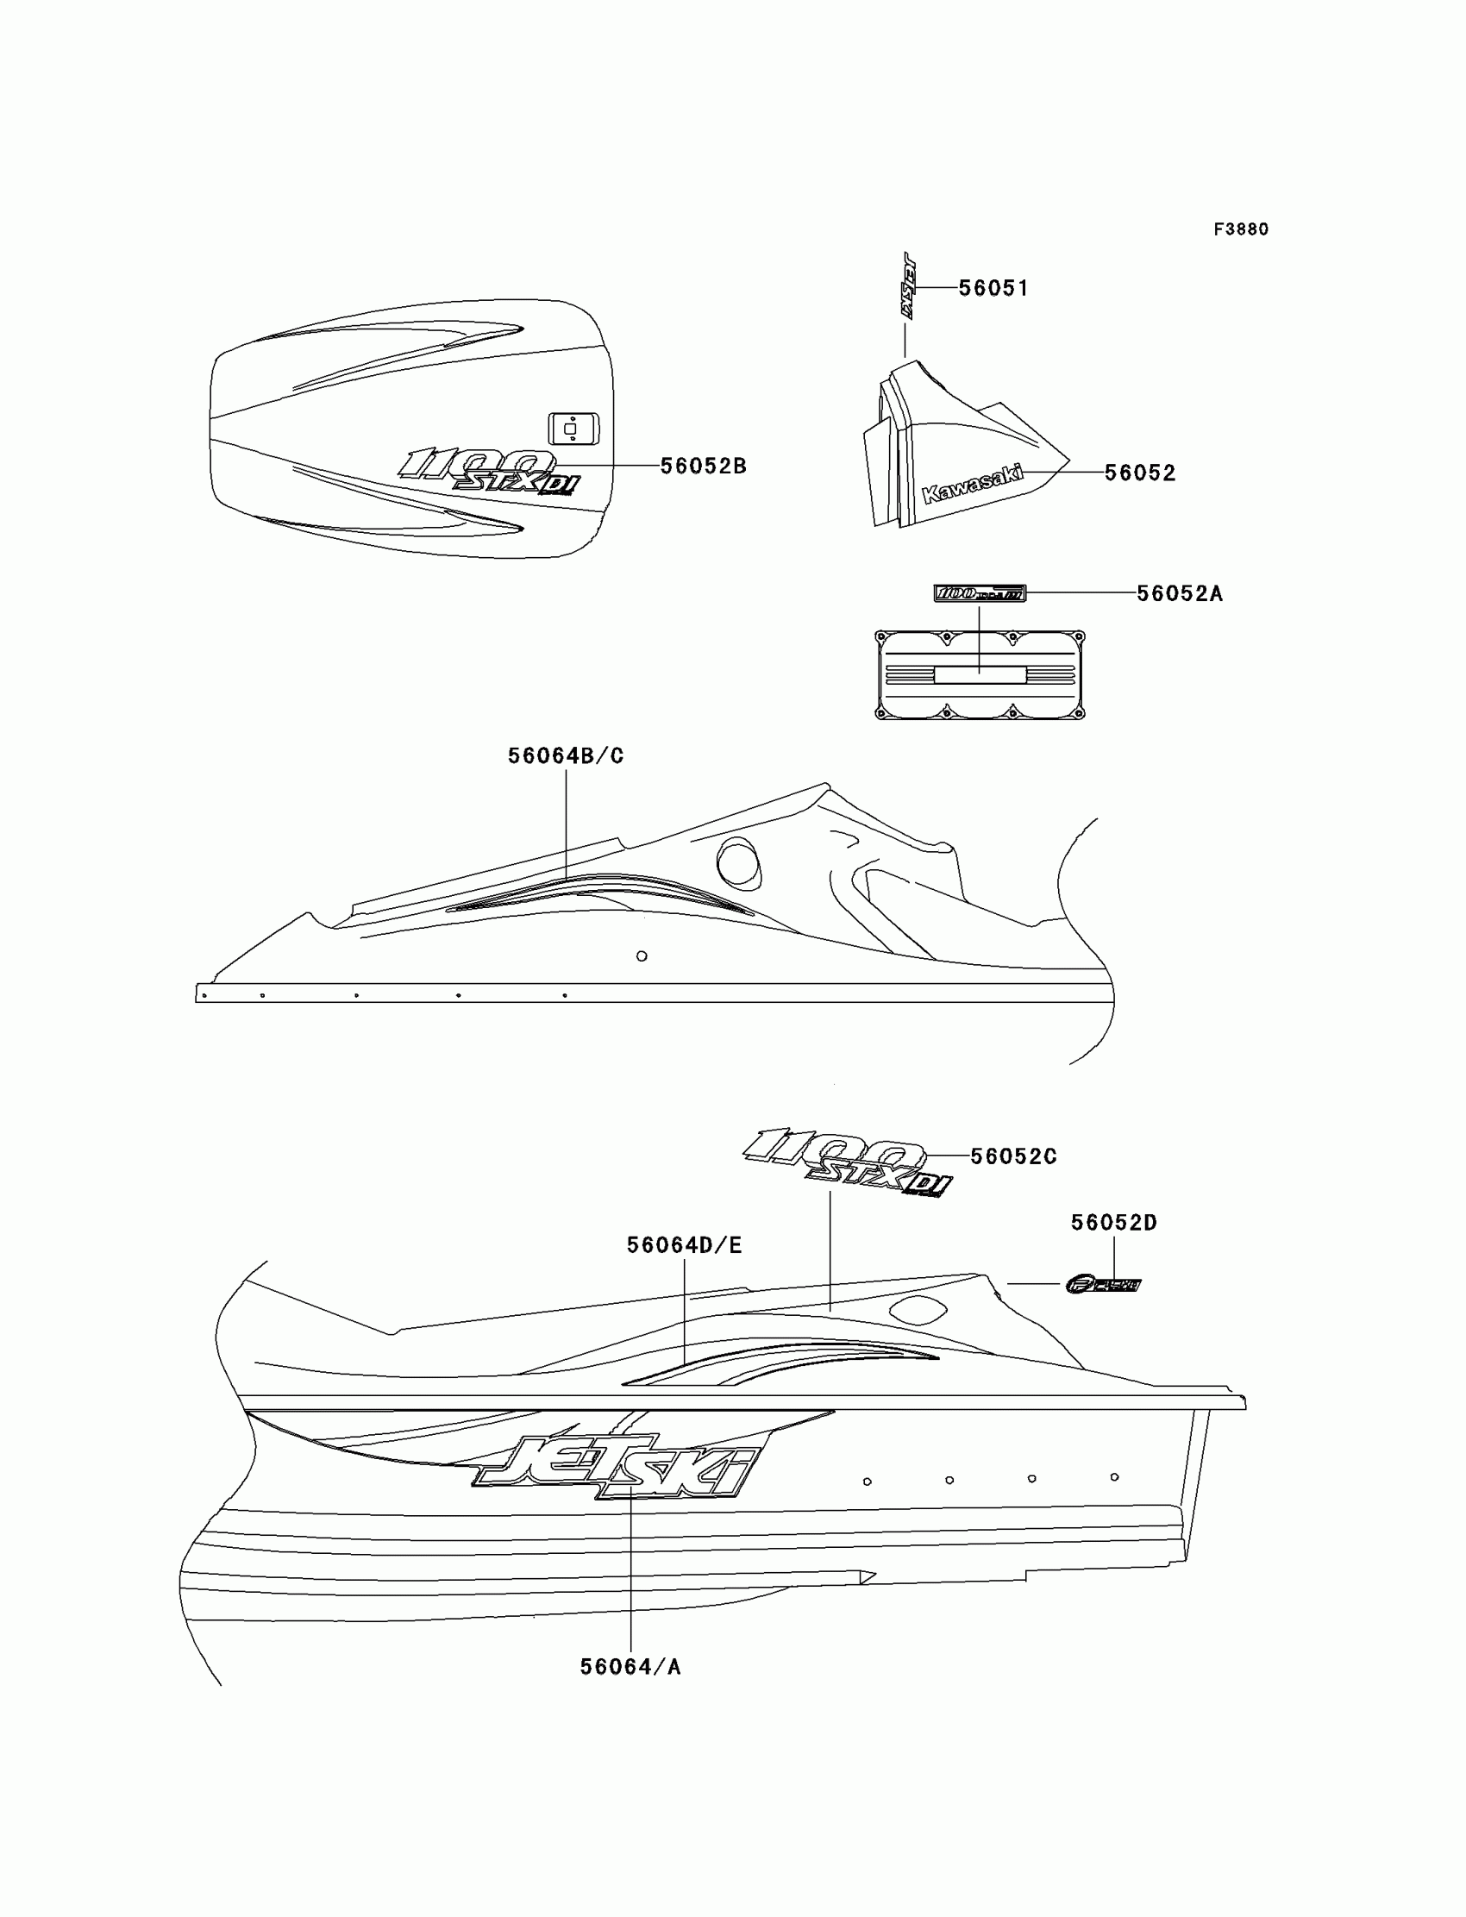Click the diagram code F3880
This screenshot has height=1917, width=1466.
[x=1240, y=229]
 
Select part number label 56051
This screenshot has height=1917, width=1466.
[x=993, y=288]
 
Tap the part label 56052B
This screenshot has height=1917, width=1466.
[x=703, y=466]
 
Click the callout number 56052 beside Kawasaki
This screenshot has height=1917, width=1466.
[x=1140, y=473]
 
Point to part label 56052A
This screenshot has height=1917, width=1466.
[x=1179, y=593]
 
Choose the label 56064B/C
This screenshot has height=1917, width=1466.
[x=566, y=755]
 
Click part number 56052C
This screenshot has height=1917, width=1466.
[x=1013, y=1156]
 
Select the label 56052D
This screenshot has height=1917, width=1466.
[x=1113, y=1223]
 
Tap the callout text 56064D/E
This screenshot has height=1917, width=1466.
[x=684, y=1245]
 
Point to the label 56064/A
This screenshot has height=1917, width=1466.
[x=630, y=1667]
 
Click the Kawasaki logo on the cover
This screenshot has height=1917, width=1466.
[x=972, y=485]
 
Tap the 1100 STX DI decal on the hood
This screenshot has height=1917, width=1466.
[x=490, y=472]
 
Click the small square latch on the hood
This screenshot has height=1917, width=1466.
[x=573, y=429]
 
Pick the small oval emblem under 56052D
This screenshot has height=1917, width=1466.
[x=1103, y=1284]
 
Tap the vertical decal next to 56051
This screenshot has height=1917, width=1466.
[x=907, y=285]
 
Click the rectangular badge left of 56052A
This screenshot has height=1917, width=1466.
[x=979, y=593]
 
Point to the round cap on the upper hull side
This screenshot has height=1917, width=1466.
[x=738, y=862]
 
